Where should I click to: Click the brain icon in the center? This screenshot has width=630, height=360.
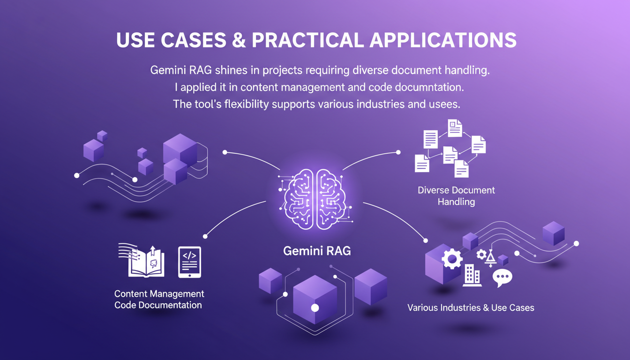click(x=315, y=199)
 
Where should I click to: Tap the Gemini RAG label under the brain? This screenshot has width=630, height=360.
click(x=317, y=251)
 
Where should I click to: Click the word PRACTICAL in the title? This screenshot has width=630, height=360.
click(x=307, y=40)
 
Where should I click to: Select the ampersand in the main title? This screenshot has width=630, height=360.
click(x=238, y=40)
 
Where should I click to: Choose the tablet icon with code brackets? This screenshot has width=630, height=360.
click(x=189, y=262)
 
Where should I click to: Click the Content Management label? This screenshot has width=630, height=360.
click(x=159, y=294)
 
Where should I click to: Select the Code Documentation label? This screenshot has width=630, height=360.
click(x=158, y=305)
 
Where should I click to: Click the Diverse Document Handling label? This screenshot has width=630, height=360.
click(x=456, y=196)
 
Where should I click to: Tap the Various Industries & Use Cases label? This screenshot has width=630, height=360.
click(x=471, y=308)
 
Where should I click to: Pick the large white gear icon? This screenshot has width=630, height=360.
click(x=452, y=258)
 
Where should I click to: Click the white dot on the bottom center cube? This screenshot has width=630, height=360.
click(x=315, y=307)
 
